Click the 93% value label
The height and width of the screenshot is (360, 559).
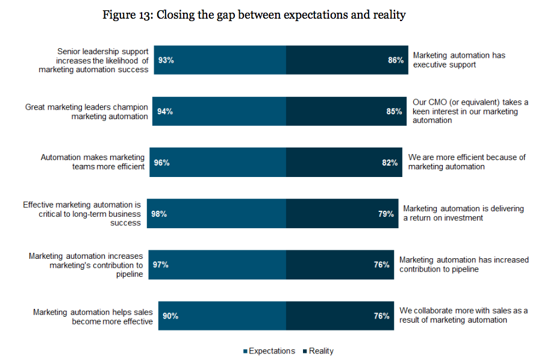click(x=166, y=60)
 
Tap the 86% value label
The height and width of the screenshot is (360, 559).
click(x=396, y=60)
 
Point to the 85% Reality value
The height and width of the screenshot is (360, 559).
click(x=394, y=111)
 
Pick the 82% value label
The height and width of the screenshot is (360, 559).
click(x=390, y=163)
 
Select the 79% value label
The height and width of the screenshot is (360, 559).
click(x=386, y=214)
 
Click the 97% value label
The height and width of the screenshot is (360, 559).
click(x=160, y=265)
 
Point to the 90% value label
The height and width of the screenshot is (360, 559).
click(x=170, y=316)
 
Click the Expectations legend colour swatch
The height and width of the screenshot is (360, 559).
click(x=245, y=352)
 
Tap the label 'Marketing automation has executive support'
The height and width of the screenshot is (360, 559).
click(x=459, y=60)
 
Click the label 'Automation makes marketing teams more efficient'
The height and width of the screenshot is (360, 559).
click(x=93, y=162)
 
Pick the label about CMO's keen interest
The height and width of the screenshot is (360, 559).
click(x=470, y=111)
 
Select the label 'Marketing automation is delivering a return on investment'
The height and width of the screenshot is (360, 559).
click(x=463, y=213)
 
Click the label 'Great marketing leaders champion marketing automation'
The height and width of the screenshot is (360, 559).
click(x=87, y=111)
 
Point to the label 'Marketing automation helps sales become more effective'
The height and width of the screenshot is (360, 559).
click(x=93, y=316)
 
